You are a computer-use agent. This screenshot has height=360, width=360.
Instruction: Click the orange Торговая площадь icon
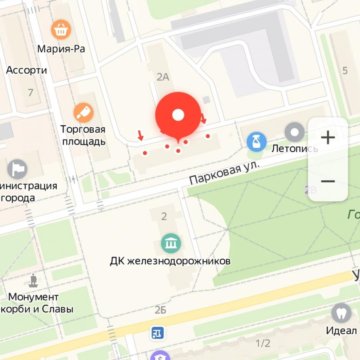pyautogui.click(x=83, y=111)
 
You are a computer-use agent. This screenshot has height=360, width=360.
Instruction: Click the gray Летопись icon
pyautogui.click(x=294, y=132)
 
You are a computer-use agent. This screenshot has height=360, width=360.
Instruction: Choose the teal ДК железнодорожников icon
pyautogui.click(x=170, y=243)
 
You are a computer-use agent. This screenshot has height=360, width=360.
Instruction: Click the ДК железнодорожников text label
pyautogui.click(x=170, y=261)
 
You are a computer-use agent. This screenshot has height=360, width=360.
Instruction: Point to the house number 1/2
pyautogui.click(x=263, y=343)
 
